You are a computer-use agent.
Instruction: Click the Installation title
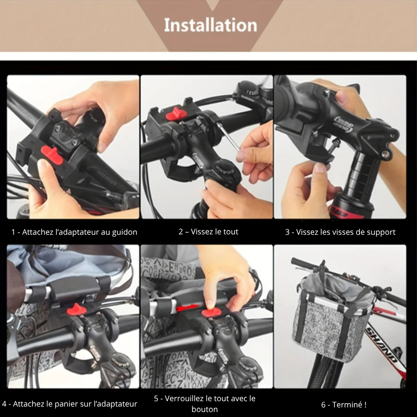tap(210, 25)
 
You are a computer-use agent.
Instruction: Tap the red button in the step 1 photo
tap(52, 155)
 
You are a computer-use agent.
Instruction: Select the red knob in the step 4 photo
tap(76, 309)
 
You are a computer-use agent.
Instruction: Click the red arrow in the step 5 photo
tap(188, 308)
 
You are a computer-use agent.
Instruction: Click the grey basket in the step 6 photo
tap(332, 317)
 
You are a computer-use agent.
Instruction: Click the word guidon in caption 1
tap(124, 232)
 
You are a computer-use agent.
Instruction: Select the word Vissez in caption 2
tap(201, 231)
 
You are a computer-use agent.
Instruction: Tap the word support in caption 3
tap(381, 232)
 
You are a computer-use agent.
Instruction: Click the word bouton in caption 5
tap(204, 409)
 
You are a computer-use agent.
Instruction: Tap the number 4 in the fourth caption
tap(4, 404)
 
